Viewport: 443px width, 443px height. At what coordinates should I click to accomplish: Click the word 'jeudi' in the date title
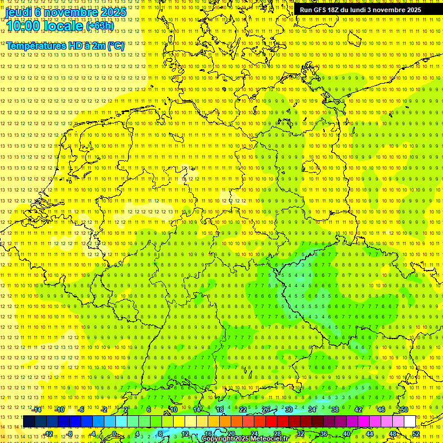pos(18,12)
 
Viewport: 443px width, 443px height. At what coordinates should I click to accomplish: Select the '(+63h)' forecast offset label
pos(100,26)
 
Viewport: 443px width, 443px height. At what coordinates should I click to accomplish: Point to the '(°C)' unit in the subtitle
pos(115,46)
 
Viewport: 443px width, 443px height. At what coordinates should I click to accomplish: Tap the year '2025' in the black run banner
pos(410,10)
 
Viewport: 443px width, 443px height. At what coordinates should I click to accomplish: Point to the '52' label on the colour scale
pos(416,434)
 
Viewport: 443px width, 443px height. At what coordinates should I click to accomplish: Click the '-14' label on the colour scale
pos(37,410)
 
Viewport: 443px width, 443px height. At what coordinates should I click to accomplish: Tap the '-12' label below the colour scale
pos(48,434)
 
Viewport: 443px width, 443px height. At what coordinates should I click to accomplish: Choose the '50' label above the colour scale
pos(404,410)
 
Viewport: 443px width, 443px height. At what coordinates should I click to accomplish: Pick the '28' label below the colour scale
pos(277,434)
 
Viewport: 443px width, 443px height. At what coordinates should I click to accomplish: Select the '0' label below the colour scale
pos(114,434)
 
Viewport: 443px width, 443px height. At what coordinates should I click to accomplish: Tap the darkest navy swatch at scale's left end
pos(29,422)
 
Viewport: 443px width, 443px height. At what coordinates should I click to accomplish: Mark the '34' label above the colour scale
pos(311,410)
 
